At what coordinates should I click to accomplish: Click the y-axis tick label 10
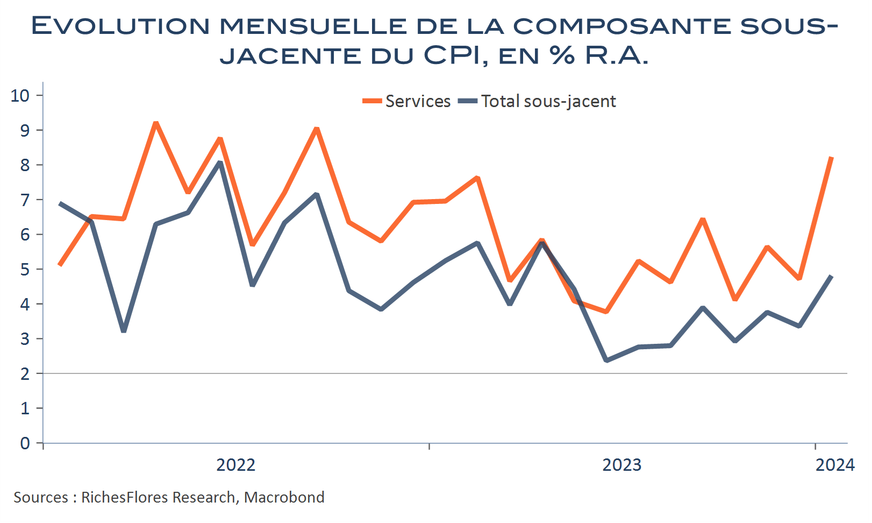click(20, 96)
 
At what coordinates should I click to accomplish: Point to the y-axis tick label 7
click(25, 200)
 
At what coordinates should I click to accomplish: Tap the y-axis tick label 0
click(25, 443)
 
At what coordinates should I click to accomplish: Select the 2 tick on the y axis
click(25, 374)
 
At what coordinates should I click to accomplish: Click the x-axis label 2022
click(235, 465)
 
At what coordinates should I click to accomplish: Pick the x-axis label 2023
click(621, 465)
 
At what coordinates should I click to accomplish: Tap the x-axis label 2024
click(834, 465)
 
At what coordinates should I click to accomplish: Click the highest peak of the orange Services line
click(156, 123)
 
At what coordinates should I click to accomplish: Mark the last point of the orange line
click(832, 158)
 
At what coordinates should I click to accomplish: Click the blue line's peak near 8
click(220, 162)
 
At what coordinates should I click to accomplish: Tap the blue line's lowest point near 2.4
click(606, 360)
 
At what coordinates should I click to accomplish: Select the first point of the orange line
click(60, 265)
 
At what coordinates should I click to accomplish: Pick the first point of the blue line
click(60, 203)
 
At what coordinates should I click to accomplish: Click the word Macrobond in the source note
click(284, 497)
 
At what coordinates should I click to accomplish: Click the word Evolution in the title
click(120, 26)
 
